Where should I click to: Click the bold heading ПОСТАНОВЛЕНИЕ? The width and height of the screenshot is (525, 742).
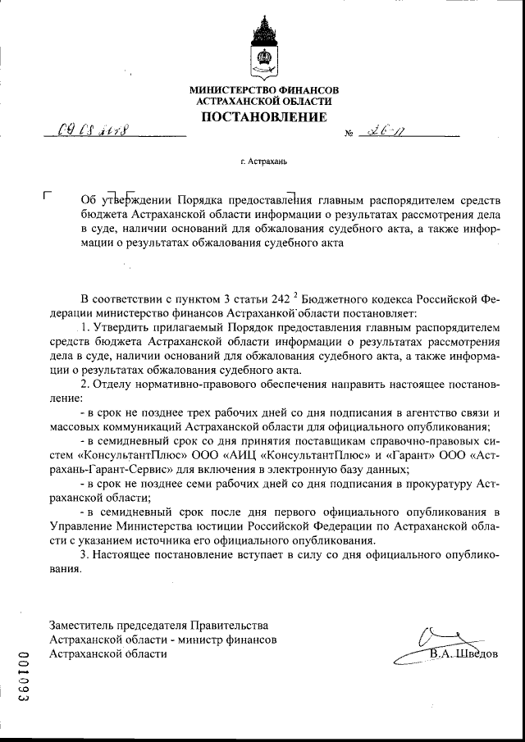pos(262,117)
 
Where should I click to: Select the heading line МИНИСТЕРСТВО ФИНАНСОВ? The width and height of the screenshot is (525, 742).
pos(262,89)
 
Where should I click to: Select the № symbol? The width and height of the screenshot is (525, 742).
pos(350,132)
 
